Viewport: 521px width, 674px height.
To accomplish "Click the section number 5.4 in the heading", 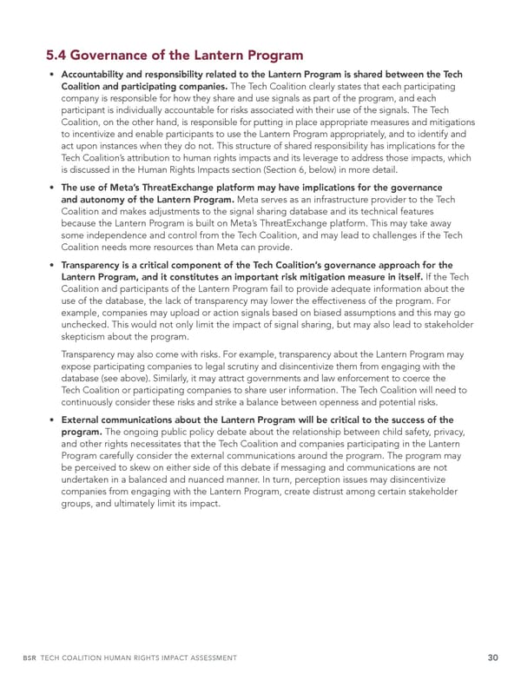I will tap(59, 56).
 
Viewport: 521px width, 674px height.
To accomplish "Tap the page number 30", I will tap(467, 657).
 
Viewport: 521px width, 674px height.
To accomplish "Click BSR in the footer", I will tap(55, 658).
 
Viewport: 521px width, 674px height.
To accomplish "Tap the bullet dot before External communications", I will tap(51, 420).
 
